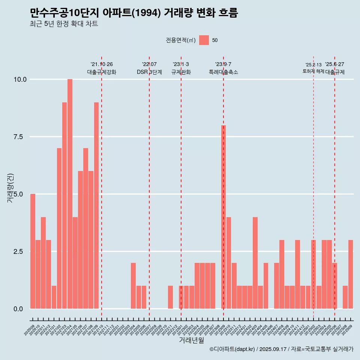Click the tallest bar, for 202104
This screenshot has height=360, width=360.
(70, 194)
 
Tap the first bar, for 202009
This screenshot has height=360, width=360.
(33, 251)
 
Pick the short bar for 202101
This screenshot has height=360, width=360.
(54, 297)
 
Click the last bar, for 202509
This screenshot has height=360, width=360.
(351, 274)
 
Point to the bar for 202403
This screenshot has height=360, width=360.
(255, 262)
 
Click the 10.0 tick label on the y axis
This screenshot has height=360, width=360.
(20, 79)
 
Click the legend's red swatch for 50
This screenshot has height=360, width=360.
(204, 40)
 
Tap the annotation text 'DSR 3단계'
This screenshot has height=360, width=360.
(149, 72)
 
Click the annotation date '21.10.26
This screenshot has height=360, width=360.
(102, 64)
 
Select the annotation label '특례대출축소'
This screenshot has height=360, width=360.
(223, 72)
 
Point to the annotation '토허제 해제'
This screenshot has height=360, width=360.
(313, 71)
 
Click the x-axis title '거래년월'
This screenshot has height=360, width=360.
(191, 340)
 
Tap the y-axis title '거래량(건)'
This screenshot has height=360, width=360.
(10, 188)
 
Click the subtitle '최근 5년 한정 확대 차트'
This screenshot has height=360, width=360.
(64, 24)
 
